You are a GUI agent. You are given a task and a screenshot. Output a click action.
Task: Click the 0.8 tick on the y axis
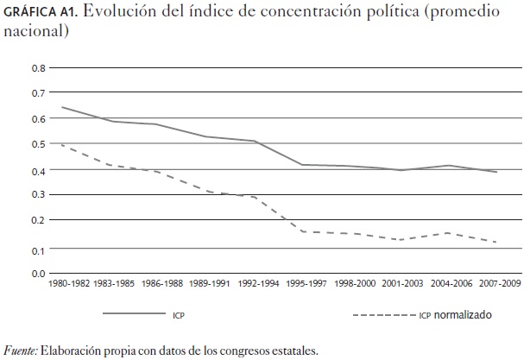point(39,67)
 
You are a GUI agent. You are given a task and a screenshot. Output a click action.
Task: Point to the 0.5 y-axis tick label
point(39,144)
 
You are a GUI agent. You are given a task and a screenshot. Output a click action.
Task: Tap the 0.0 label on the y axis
point(39,274)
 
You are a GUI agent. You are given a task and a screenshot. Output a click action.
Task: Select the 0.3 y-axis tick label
point(39,196)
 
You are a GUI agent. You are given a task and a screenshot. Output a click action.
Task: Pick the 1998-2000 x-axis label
point(354,284)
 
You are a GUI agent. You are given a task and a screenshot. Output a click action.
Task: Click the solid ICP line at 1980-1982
point(63,107)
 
